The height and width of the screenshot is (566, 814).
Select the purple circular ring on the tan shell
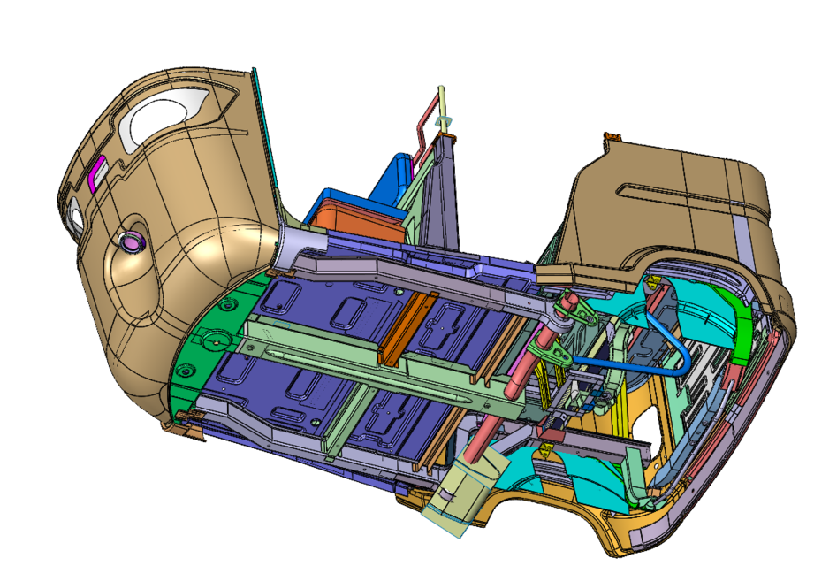pyautogui.click(x=131, y=240)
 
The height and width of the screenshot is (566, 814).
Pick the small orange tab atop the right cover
pyautogui.click(x=611, y=137)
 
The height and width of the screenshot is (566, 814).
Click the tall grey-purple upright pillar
pyautogui.click(x=439, y=195)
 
